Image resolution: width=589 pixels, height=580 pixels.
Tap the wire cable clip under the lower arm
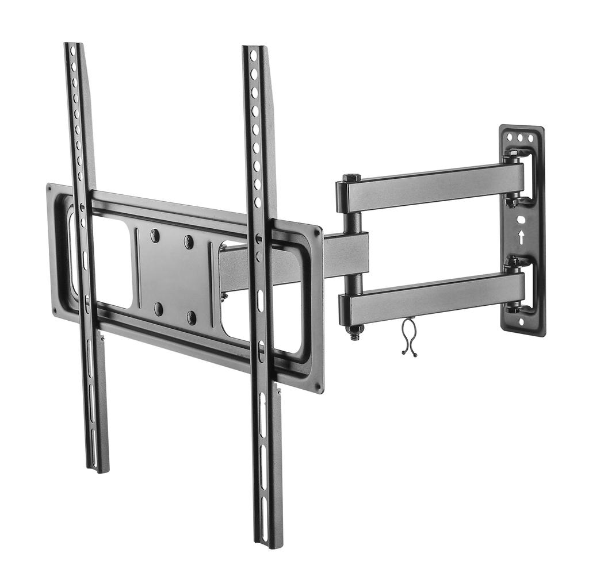(x=408, y=337)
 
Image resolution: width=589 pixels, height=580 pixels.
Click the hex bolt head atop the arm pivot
(x=352, y=178)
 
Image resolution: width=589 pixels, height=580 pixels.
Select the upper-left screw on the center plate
(x=155, y=235)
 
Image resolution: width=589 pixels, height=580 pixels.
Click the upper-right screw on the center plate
(x=189, y=242)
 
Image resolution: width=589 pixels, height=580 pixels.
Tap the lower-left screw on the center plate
(x=158, y=309)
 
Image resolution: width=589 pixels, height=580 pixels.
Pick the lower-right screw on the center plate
(x=191, y=317)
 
